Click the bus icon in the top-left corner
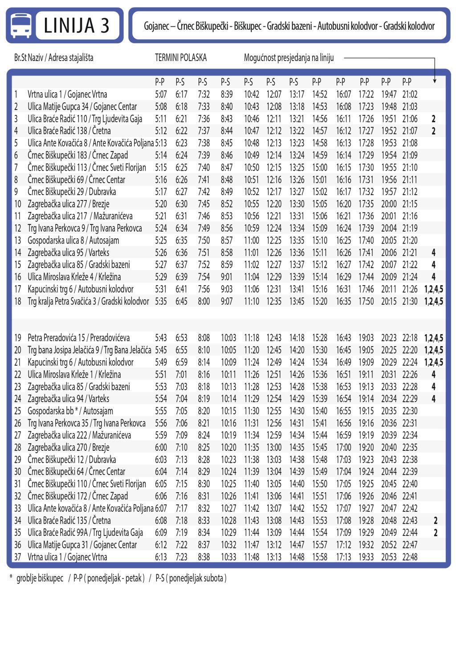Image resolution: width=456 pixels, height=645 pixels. coord(21,25)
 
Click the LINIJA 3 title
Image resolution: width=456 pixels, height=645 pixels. coord(77,25)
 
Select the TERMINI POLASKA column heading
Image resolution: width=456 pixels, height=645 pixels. coord(180,58)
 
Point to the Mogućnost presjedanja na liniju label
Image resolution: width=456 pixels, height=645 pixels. coord(289,58)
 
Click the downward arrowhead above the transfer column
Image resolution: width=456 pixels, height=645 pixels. coord(435,81)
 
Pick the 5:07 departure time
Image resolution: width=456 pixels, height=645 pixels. coord(161,94)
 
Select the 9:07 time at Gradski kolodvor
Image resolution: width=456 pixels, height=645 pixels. coord(227,302)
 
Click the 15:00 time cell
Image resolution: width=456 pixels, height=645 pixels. coord(319,167)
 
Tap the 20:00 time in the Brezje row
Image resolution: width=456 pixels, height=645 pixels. coord(389,204)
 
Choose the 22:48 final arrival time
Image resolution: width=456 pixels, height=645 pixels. coord(410,557)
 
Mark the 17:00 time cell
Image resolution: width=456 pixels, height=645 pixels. coord(343,447)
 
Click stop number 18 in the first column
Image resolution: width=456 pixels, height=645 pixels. coord(18,302)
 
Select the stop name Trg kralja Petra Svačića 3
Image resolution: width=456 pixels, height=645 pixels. coord(63,302)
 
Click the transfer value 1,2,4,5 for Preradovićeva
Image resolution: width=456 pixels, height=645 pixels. coord(434,338)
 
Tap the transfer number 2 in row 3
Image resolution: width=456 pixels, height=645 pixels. coord(434,119)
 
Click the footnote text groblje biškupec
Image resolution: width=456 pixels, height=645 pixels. coord(40,579)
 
